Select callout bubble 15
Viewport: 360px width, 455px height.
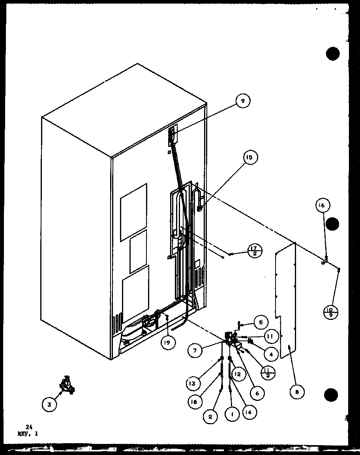coord(249,157)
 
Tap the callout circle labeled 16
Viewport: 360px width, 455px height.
coord(322,205)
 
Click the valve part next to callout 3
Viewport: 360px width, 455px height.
coord(67,385)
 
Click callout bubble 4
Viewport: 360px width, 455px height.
coord(271,354)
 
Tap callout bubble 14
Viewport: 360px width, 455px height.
coord(249,412)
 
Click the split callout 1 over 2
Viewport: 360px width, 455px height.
coord(269,372)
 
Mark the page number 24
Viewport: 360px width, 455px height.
coord(28,427)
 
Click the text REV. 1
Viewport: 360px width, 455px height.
coord(28,433)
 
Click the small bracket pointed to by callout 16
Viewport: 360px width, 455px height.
coord(324,261)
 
